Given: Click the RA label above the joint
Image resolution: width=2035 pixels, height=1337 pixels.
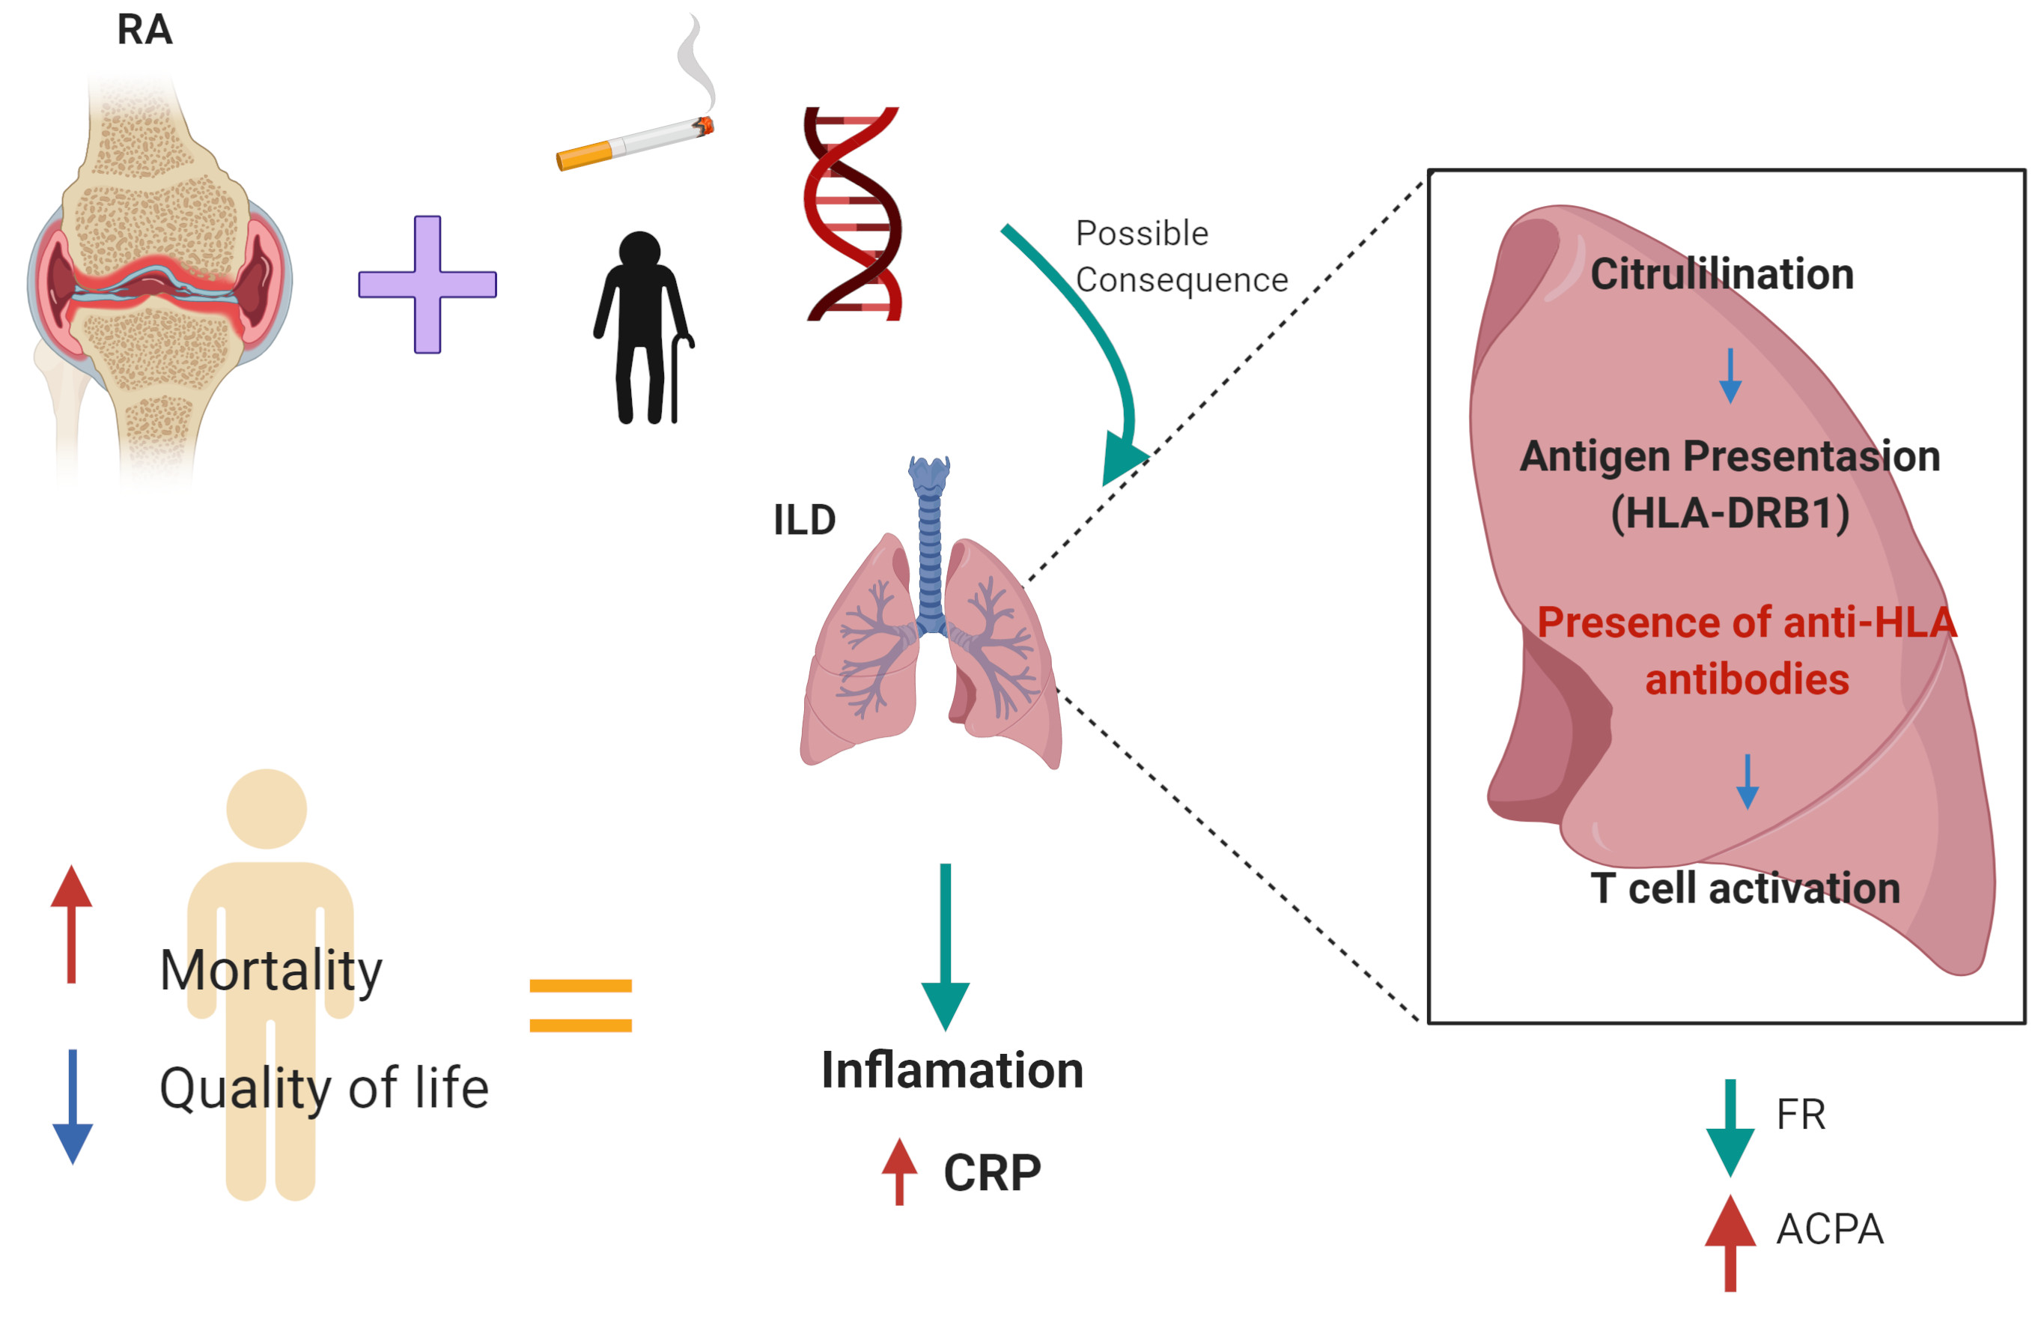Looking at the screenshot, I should coord(145,30).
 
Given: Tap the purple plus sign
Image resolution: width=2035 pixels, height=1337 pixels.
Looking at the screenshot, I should coord(428,284).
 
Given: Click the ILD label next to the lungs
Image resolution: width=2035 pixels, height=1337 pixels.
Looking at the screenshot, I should coord(803,520).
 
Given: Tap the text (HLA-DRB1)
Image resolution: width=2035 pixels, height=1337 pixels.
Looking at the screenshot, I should coord(1730,513).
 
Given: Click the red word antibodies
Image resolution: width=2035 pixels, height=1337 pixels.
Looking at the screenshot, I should coord(1747,679).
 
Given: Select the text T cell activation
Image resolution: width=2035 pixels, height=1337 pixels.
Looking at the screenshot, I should coord(1745,888).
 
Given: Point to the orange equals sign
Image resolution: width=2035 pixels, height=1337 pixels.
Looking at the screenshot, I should coord(580,1005).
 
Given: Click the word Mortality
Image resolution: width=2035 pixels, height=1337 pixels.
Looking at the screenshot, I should coord(271,971).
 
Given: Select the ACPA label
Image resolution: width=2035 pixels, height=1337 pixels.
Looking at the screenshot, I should coord(1830,1229).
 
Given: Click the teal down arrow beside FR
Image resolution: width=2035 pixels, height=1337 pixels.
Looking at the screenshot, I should coord(1730,1127).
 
